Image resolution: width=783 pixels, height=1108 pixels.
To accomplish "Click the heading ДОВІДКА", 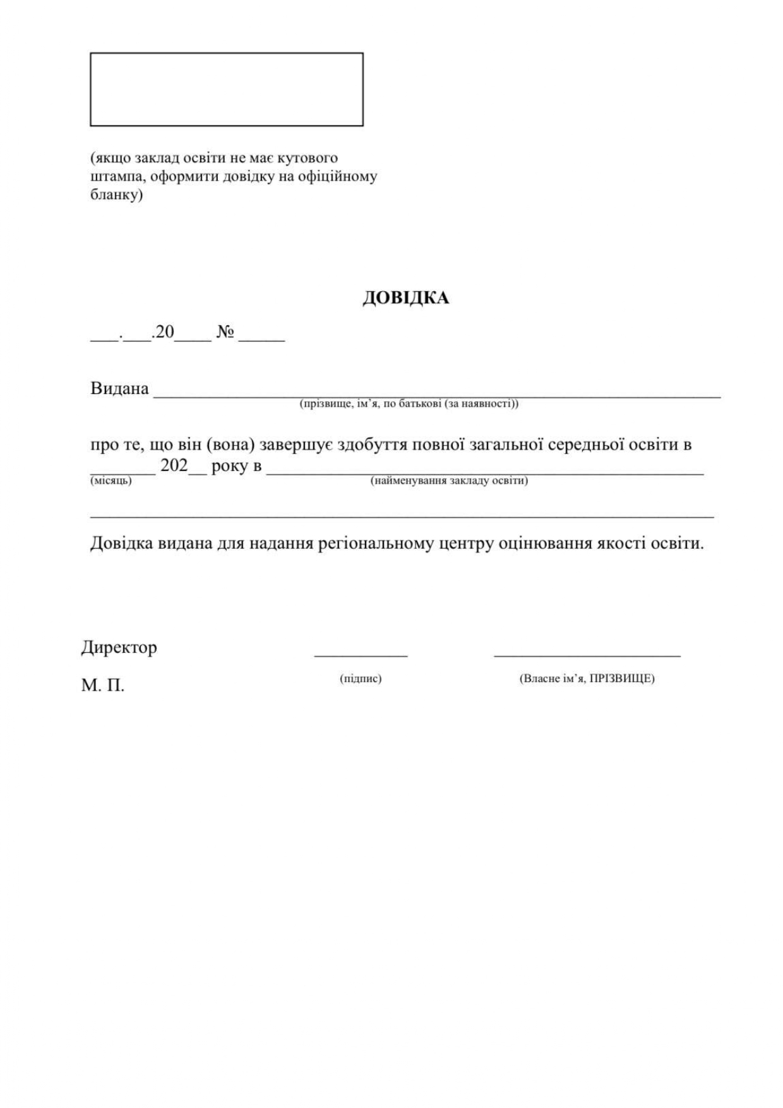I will pyautogui.click(x=405, y=298).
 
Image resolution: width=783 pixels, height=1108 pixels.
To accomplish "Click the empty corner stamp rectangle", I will pyautogui.click(x=226, y=90).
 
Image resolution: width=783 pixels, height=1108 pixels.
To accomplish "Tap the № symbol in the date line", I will pyautogui.click(x=225, y=332).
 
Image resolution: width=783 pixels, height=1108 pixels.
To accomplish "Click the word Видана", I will pyautogui.click(x=119, y=388).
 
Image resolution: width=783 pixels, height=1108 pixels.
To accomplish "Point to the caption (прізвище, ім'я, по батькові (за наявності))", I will pyautogui.click(x=409, y=404).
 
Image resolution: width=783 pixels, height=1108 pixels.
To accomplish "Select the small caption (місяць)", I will pyautogui.click(x=111, y=481).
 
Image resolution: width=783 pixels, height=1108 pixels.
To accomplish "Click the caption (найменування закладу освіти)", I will pyautogui.click(x=449, y=481).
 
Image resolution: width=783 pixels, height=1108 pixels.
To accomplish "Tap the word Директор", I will pyautogui.click(x=119, y=647).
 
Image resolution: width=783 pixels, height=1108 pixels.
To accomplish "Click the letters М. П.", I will pyautogui.click(x=102, y=686).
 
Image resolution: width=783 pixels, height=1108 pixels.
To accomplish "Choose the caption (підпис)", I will pyautogui.click(x=361, y=679).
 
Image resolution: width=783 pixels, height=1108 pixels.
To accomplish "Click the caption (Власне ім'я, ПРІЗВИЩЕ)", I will pyautogui.click(x=587, y=679).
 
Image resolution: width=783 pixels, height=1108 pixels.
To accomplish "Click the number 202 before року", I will pyautogui.click(x=174, y=467).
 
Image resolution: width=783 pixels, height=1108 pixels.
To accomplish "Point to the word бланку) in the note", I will pyautogui.click(x=116, y=195).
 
